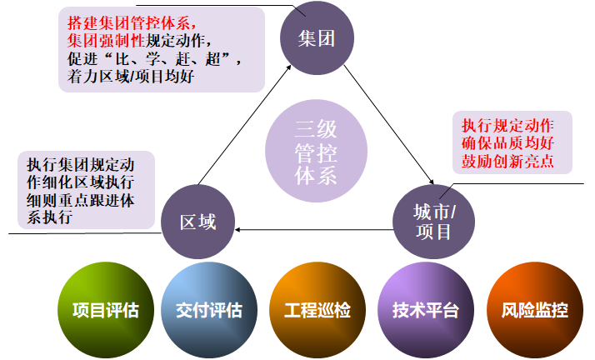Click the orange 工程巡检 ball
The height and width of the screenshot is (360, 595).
click(x=317, y=311)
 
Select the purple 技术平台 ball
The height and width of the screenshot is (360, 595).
click(x=425, y=311)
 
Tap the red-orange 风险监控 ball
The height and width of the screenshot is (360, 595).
click(x=534, y=311)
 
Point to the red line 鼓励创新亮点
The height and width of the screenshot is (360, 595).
click(x=507, y=162)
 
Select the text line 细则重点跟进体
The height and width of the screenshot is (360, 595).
click(x=79, y=200)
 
